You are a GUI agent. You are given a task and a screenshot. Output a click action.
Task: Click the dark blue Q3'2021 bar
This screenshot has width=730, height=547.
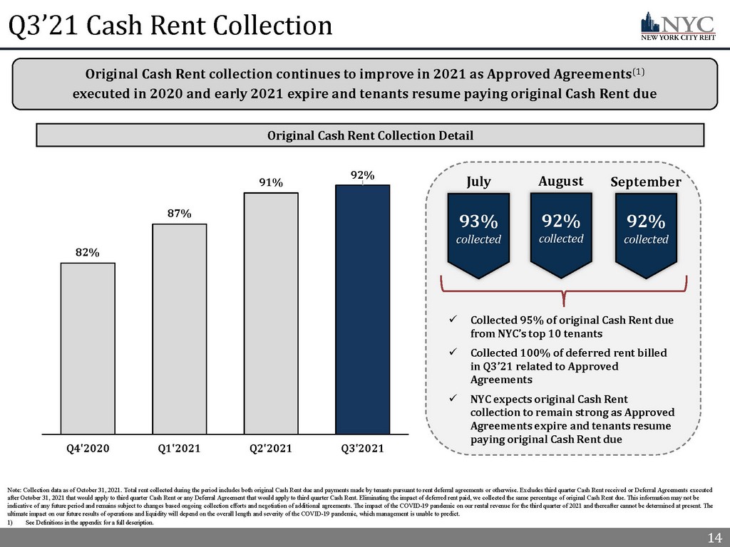pyautogui.click(x=362, y=309)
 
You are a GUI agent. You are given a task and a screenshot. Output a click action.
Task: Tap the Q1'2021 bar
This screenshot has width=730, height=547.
pyautogui.click(x=179, y=328)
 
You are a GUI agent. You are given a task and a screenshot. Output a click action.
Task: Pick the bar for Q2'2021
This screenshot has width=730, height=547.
pyautogui.click(x=270, y=313)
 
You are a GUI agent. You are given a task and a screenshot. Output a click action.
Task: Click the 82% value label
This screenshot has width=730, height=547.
pyautogui.click(x=88, y=253)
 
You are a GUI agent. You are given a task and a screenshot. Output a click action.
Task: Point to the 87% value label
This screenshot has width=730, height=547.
pyautogui.click(x=179, y=214)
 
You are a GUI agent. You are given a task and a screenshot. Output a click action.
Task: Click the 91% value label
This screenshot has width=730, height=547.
pyautogui.click(x=270, y=183)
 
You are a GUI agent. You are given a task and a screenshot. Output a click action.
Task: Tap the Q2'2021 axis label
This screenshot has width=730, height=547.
pyautogui.click(x=270, y=448)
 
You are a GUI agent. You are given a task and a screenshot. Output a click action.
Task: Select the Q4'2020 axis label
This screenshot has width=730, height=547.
pyautogui.click(x=88, y=448)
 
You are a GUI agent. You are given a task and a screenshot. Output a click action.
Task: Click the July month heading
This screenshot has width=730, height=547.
pyautogui.click(x=478, y=182)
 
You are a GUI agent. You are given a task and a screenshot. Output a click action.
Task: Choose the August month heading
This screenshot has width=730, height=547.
pyautogui.click(x=561, y=181)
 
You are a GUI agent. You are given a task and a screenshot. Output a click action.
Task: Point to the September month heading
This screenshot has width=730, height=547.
pyautogui.click(x=646, y=182)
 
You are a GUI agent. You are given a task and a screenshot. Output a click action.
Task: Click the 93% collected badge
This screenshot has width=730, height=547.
pyautogui.click(x=478, y=231)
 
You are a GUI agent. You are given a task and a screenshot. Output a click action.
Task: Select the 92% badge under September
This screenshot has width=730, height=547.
pyautogui.click(x=646, y=231)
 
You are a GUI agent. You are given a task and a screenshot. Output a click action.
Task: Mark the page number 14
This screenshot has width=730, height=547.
pyautogui.click(x=713, y=537)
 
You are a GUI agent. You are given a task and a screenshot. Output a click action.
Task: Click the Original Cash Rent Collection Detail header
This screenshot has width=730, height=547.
pyautogui.click(x=370, y=135)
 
